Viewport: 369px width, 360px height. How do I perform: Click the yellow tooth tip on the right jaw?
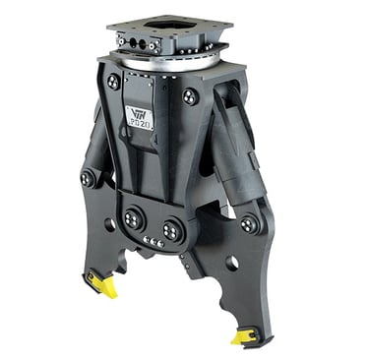(x=243, y=337)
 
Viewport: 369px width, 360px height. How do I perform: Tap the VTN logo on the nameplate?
(x=138, y=116)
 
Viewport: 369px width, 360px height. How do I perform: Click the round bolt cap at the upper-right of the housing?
(x=191, y=96)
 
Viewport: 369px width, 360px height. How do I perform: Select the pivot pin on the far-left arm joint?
(x=88, y=179)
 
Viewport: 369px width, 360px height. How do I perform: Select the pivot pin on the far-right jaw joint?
(x=250, y=224)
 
